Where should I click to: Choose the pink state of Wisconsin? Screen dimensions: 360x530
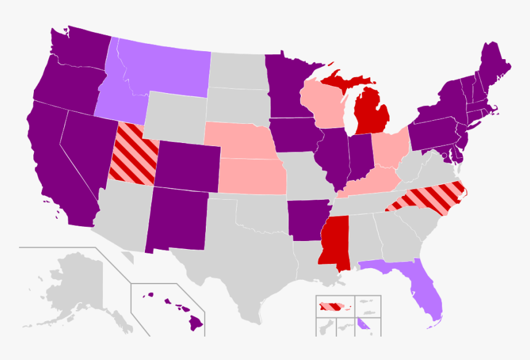(x=324, y=102)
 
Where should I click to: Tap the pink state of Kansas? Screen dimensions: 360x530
(x=253, y=176)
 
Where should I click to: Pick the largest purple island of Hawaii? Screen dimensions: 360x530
(x=195, y=321)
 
